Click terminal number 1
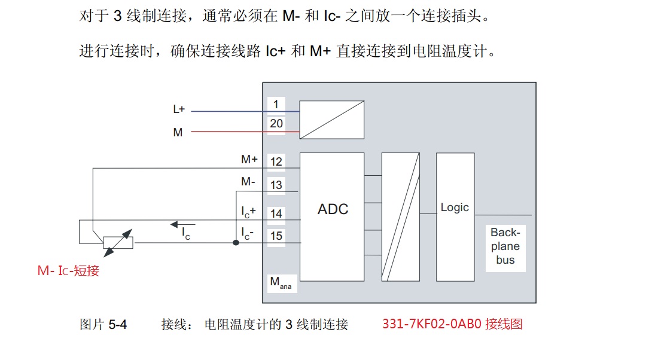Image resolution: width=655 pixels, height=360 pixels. click(x=276, y=104)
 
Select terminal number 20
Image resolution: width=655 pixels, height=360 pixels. click(x=276, y=124)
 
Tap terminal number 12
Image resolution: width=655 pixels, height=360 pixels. click(x=276, y=161)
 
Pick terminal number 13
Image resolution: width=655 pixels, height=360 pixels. click(x=276, y=185)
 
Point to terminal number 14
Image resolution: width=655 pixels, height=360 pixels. click(x=276, y=213)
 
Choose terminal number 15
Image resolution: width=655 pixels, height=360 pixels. click(x=276, y=236)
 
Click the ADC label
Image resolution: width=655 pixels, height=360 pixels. click(x=333, y=209)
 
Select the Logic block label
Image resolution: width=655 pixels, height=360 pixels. click(x=455, y=208)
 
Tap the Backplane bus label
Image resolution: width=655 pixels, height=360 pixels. click(x=505, y=246)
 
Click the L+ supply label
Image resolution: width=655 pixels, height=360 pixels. click(x=179, y=109)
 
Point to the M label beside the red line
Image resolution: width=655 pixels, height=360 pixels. click(x=178, y=132)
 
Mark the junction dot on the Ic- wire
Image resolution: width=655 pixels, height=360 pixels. click(x=235, y=243)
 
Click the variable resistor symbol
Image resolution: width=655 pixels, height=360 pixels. click(x=117, y=242)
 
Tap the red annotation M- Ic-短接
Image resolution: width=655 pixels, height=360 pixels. click(x=68, y=271)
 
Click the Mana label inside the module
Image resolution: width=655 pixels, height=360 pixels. click(x=281, y=283)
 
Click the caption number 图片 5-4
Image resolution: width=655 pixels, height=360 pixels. click(x=103, y=325)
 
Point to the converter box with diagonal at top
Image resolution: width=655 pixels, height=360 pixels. click(x=332, y=120)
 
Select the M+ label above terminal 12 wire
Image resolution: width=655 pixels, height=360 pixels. click(x=249, y=160)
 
